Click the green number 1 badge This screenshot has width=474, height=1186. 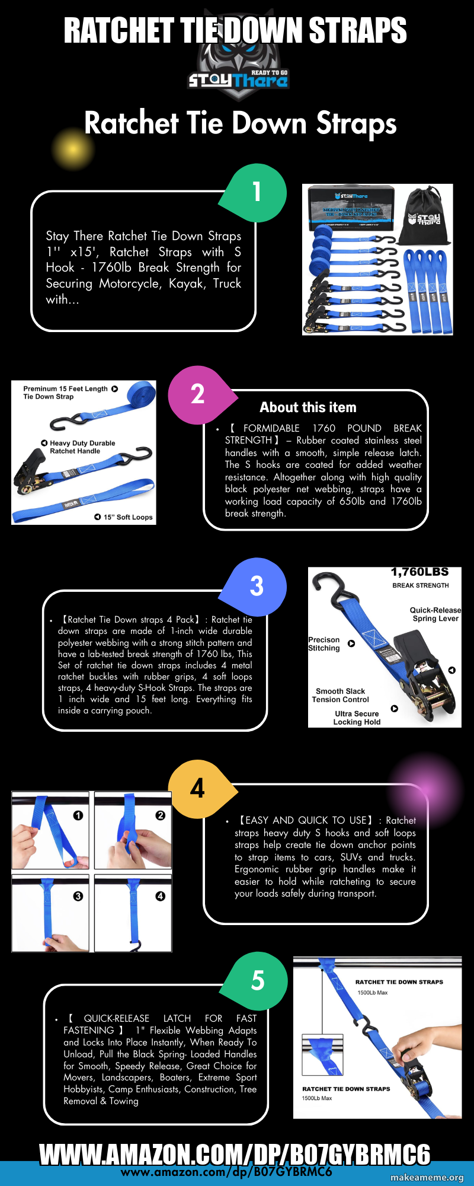tap(257, 192)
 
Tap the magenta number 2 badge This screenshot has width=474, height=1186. tap(198, 394)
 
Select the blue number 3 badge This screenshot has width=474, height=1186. tap(257, 586)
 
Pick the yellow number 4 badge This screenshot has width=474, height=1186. tap(198, 789)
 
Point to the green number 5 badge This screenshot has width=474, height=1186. tap(258, 980)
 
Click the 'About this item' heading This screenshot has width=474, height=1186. tap(308, 407)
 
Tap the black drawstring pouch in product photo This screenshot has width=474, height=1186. tap(424, 216)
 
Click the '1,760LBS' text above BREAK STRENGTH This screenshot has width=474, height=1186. tap(419, 572)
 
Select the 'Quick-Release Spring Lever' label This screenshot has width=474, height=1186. tap(435, 614)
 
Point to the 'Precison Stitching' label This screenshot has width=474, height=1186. tap(324, 644)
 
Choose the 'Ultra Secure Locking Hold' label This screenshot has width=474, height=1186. tap(357, 718)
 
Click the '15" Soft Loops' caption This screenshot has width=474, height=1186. tap(127, 517)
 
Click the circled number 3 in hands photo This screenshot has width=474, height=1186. tap(78, 896)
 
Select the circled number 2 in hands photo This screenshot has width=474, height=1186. tap(160, 815)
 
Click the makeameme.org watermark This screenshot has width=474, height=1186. tap(427, 1178)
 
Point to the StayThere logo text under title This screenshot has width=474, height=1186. tap(237, 79)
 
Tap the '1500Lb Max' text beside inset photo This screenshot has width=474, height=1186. tap(317, 1098)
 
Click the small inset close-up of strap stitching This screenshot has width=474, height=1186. tap(323, 1055)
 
